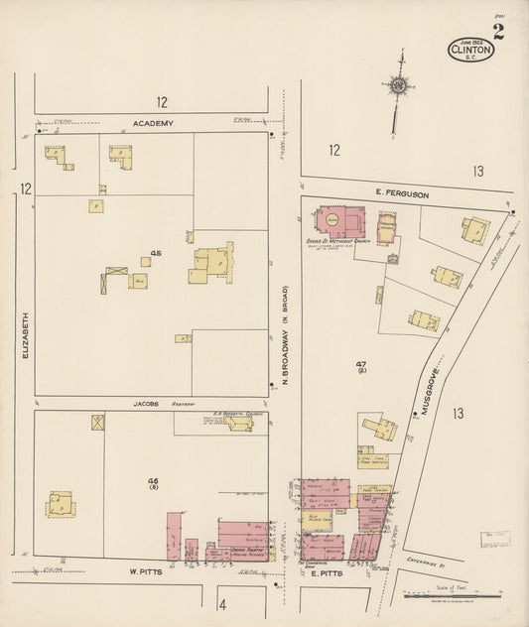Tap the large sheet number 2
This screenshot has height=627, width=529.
(498, 31)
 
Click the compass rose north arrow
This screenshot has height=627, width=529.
(399, 91)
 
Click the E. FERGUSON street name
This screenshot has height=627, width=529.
(402, 195)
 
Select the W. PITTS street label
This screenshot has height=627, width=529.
(145, 571)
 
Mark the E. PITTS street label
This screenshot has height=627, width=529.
(327, 573)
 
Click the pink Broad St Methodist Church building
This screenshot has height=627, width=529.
(339, 222)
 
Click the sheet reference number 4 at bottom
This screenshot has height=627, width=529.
(223, 604)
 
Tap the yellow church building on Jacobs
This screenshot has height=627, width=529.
(239, 424)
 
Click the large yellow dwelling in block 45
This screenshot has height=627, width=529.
(211, 264)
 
